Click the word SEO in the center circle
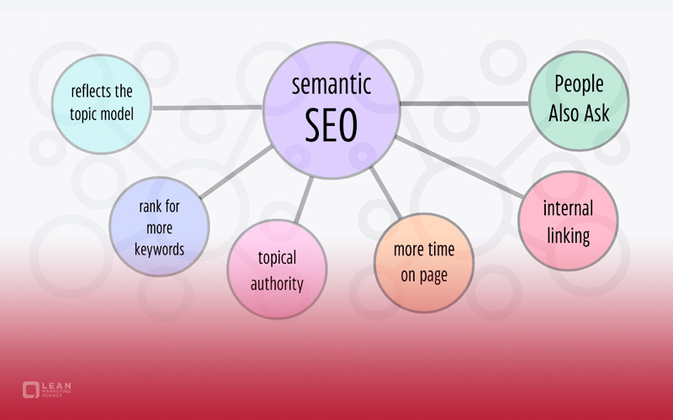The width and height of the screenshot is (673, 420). coord(331,124)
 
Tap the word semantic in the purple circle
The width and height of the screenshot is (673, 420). coord(331,84)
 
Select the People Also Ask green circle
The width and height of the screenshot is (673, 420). coord(579,101)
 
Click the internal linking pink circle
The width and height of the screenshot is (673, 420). coord(568,221)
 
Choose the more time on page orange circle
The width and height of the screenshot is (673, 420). coord(424,263)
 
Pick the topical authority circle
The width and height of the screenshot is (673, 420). coord(277,269)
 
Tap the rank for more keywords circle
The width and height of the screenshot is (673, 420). coord(159,226)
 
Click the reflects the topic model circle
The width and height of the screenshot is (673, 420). coord(101,104)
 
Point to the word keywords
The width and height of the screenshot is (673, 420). coord(159,249)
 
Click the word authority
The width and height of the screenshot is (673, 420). coord(277,284)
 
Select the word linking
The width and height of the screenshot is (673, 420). coord(569,236)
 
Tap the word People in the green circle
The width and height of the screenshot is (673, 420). coord(579,84)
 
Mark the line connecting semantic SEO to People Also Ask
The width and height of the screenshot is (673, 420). coord(464,103)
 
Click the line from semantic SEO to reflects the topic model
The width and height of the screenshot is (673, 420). coord(207,108)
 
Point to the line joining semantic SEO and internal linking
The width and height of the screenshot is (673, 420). coord(459,167)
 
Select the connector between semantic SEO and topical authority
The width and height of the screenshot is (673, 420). coord(304,200)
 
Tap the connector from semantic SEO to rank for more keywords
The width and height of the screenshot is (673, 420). coord(236,172)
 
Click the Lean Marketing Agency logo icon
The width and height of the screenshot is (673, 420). coord(31,390)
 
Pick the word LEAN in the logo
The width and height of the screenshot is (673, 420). coord(56,386)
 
